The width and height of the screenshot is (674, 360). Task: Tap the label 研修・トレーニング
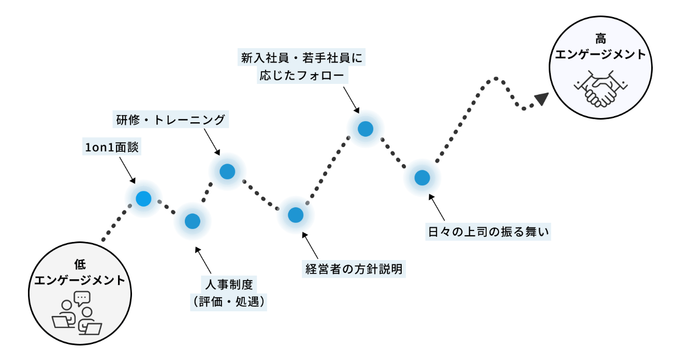click(170, 120)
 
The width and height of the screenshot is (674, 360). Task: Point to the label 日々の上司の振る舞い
click(488, 232)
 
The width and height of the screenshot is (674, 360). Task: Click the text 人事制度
click(229, 284)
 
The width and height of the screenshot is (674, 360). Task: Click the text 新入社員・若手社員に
click(302, 57)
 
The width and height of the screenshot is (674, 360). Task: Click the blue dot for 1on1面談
click(143, 198)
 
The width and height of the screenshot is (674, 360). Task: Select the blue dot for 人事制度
click(192, 221)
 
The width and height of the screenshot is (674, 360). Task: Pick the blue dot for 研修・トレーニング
click(227, 171)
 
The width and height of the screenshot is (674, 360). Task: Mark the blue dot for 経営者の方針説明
click(295, 214)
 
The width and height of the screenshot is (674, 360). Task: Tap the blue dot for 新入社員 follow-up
click(365, 129)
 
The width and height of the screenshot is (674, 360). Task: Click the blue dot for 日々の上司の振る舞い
click(422, 178)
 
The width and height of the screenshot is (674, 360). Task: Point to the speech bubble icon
click(82, 298)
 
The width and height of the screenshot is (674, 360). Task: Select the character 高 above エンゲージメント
click(600, 39)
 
